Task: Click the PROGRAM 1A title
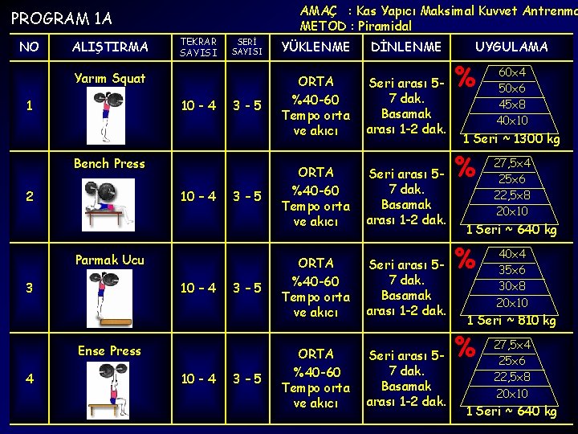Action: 62,18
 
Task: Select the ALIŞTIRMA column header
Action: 110,47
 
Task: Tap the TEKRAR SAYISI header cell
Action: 198,47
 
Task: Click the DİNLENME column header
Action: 406,47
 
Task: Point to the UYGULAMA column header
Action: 511,47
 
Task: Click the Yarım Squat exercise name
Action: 110,78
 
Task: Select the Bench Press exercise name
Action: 110,163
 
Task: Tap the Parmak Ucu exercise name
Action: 110,260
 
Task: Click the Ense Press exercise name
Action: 110,350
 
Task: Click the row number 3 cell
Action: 29,288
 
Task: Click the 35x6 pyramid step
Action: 512,271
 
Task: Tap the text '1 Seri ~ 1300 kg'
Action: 511,138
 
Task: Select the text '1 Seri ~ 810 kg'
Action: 511,321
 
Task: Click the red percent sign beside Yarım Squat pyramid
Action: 463,79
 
